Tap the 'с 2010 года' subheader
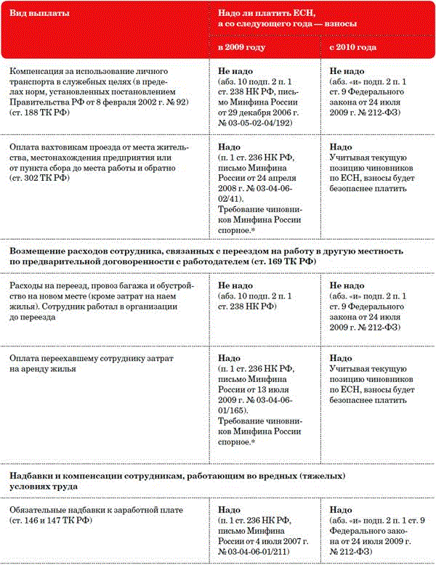352,47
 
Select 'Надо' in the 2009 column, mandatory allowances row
230,511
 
